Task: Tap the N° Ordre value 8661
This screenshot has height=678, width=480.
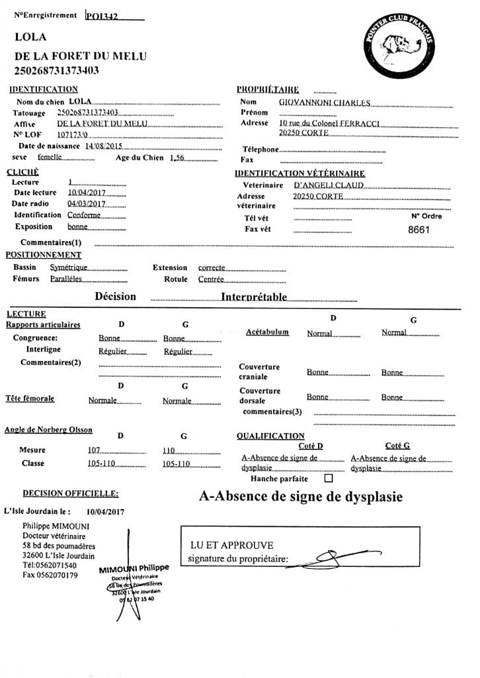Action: pos(419,230)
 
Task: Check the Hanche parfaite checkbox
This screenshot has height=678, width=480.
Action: pos(329,478)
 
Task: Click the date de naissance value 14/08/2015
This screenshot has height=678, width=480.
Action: pos(99,146)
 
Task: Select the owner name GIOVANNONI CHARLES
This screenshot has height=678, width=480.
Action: pos(324,103)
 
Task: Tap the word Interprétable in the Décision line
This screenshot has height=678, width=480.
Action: pos(254,297)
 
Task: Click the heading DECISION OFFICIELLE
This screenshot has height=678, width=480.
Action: pos(71,493)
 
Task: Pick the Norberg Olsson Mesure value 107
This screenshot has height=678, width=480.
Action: pos(94,450)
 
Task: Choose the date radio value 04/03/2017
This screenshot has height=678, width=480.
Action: pos(87,204)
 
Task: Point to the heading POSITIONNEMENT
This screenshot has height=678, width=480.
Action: pos(44,254)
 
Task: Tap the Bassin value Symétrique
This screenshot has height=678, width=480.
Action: pos(69,267)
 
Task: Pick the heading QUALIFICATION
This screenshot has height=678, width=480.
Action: pos(270,436)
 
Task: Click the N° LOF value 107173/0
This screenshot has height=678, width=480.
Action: pos(73,134)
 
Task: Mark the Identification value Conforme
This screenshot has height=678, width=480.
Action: pos(84,215)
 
